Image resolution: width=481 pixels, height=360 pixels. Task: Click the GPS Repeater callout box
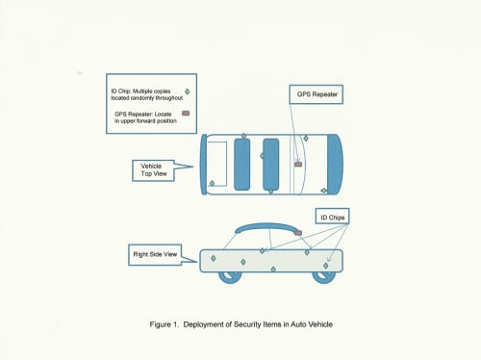click(x=316, y=94)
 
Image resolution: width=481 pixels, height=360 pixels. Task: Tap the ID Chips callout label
click(x=332, y=217)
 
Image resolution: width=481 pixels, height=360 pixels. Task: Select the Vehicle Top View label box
click(x=153, y=170)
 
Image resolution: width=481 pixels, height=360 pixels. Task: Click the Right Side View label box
click(x=155, y=255)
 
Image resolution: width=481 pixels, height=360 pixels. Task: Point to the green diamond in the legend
click(x=188, y=91)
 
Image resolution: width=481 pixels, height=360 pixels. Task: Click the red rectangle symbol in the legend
click(x=186, y=113)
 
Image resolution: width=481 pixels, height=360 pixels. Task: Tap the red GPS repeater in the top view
click(x=298, y=165)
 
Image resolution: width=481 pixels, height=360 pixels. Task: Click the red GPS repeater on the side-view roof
click(x=298, y=233)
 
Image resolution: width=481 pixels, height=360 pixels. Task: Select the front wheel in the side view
click(x=324, y=276)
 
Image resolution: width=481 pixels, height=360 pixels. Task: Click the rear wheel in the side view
click(x=230, y=276)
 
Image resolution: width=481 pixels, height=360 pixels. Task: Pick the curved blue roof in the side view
click(x=266, y=226)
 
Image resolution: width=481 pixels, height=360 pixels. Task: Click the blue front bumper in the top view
click(x=335, y=165)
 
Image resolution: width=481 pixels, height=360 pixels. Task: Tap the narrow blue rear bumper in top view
click(x=204, y=165)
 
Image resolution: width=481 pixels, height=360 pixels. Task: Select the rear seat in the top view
click(x=241, y=165)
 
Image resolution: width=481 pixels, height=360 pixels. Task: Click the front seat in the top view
click(x=270, y=165)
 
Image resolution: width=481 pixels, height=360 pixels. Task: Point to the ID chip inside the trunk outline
click(x=212, y=183)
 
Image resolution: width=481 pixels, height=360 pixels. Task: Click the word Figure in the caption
click(x=160, y=324)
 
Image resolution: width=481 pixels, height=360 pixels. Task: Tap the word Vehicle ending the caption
click(x=320, y=324)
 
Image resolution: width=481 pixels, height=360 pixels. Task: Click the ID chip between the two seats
click(x=262, y=156)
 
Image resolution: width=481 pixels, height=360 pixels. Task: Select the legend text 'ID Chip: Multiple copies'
click(x=140, y=91)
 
